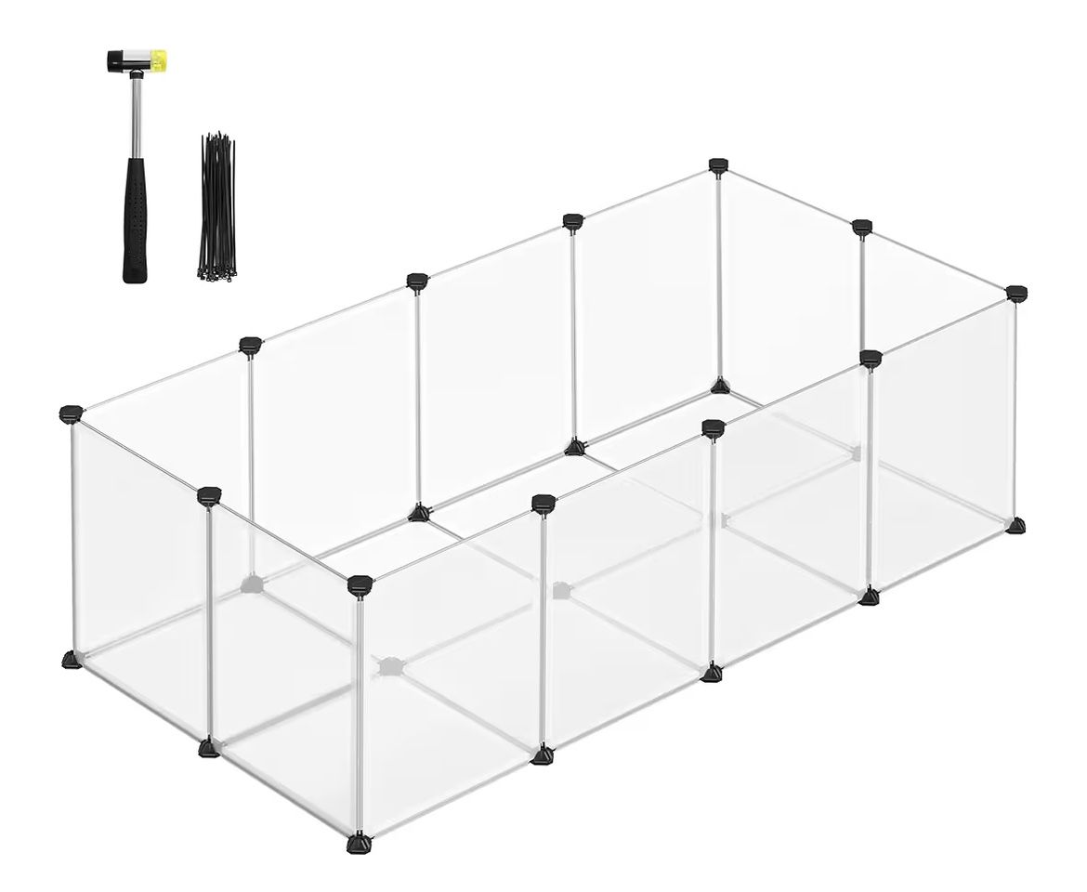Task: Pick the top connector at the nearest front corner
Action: tap(360, 584)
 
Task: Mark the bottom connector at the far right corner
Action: tap(1017, 525)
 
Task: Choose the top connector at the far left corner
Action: tap(71, 413)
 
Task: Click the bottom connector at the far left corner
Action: tap(72, 660)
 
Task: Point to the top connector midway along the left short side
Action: tap(210, 495)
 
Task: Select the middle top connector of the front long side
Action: tap(713, 426)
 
